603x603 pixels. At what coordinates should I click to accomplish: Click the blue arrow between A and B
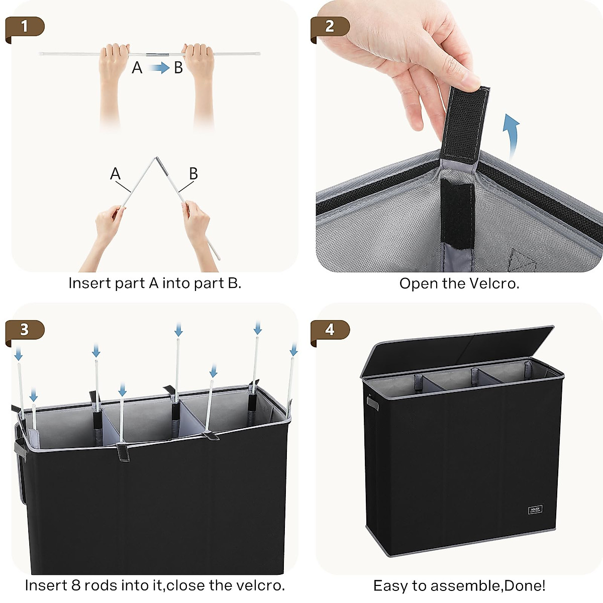[159, 68]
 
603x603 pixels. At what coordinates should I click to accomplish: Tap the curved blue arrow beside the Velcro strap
[512, 137]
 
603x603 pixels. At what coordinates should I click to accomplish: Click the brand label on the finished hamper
[535, 510]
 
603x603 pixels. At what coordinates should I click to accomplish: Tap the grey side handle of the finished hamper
[372, 403]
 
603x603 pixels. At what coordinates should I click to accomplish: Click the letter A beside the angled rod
[115, 174]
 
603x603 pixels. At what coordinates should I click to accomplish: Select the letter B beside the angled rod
[193, 174]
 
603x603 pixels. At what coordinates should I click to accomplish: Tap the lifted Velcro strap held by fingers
[464, 125]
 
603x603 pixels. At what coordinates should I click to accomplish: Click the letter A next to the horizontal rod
[137, 68]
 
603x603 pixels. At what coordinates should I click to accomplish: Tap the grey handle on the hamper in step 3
[20, 449]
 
